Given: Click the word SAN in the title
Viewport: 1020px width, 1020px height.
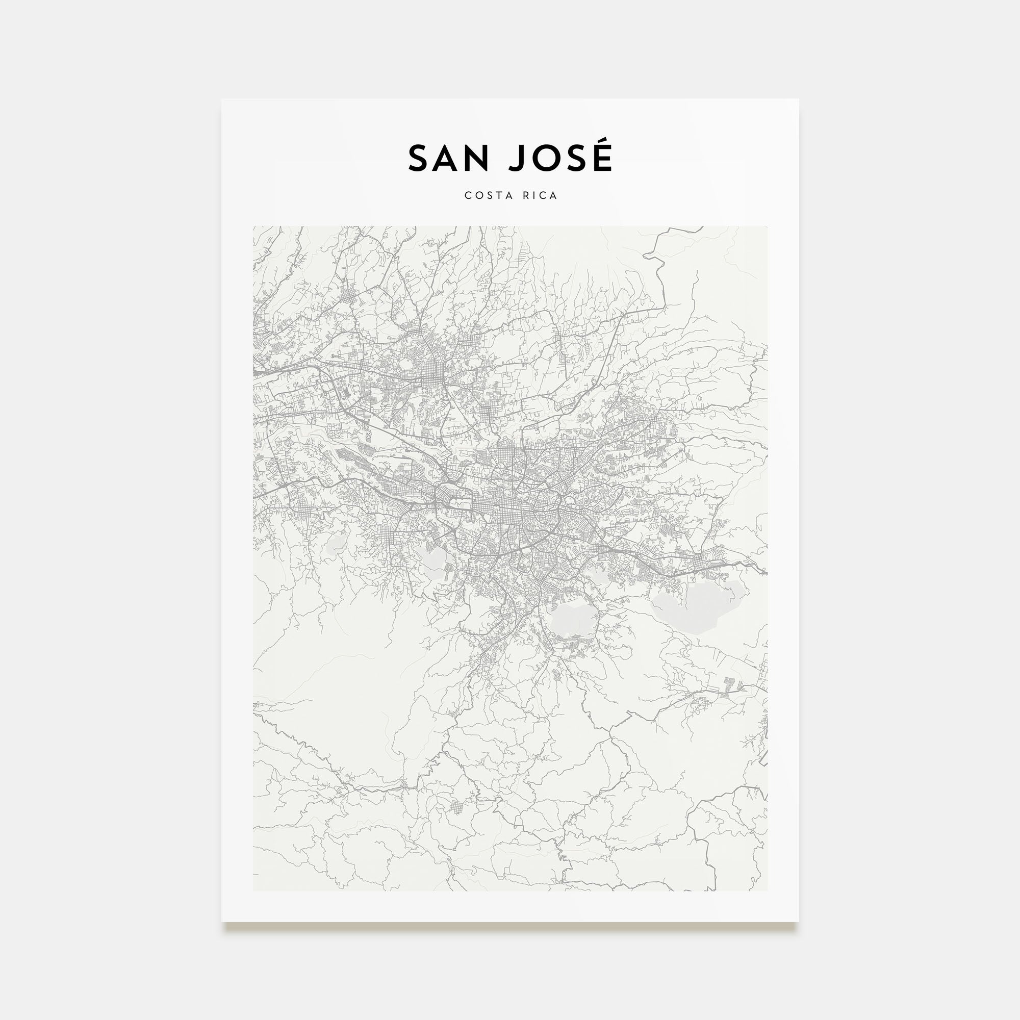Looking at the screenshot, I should pos(448,159).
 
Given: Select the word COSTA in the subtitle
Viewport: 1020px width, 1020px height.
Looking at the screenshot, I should pos(485,195).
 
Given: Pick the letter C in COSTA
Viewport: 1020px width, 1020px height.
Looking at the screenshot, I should pos(468,195).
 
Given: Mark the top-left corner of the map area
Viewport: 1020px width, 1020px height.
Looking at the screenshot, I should pos(253,227).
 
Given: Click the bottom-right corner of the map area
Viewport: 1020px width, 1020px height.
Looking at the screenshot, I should pos(767,890).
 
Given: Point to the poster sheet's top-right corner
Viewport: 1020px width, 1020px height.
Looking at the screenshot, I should pos(798,99).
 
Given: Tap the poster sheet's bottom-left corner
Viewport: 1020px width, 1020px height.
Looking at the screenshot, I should pos(222,922).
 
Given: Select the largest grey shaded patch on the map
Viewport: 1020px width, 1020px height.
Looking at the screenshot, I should pos(699,606).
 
